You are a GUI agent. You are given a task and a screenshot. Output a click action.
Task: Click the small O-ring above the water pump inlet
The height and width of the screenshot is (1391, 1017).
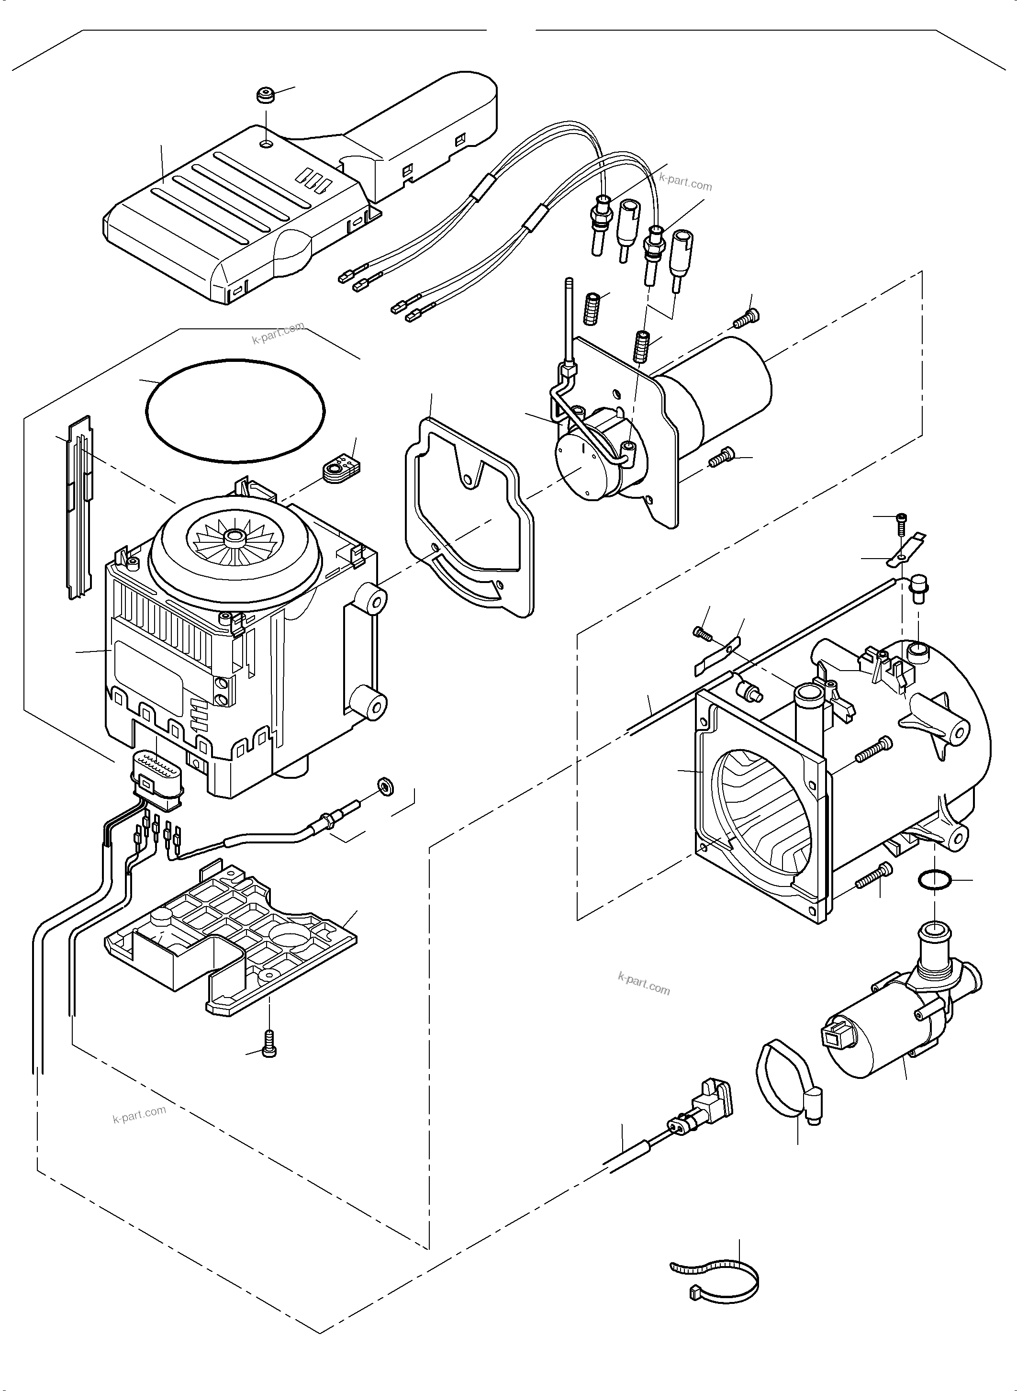933,881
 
